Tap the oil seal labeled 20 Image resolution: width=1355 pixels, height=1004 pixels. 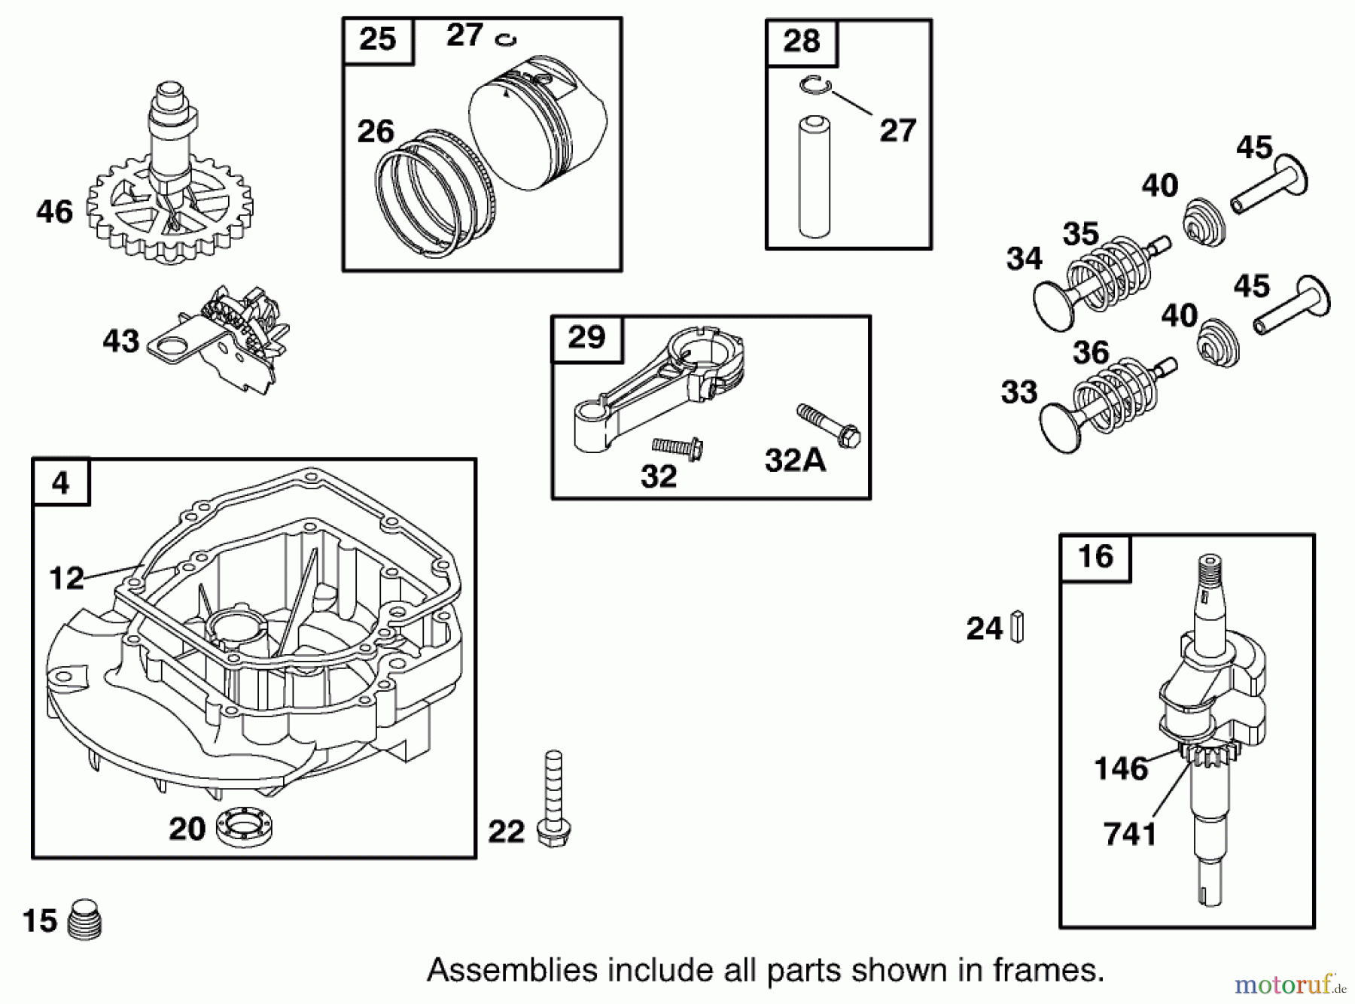(x=243, y=828)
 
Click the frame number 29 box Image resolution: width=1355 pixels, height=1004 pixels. (x=587, y=338)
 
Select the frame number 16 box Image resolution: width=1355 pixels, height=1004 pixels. (x=1095, y=558)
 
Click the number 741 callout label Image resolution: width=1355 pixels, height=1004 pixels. (x=1130, y=833)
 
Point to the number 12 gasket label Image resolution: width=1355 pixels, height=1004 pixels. (x=66, y=578)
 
